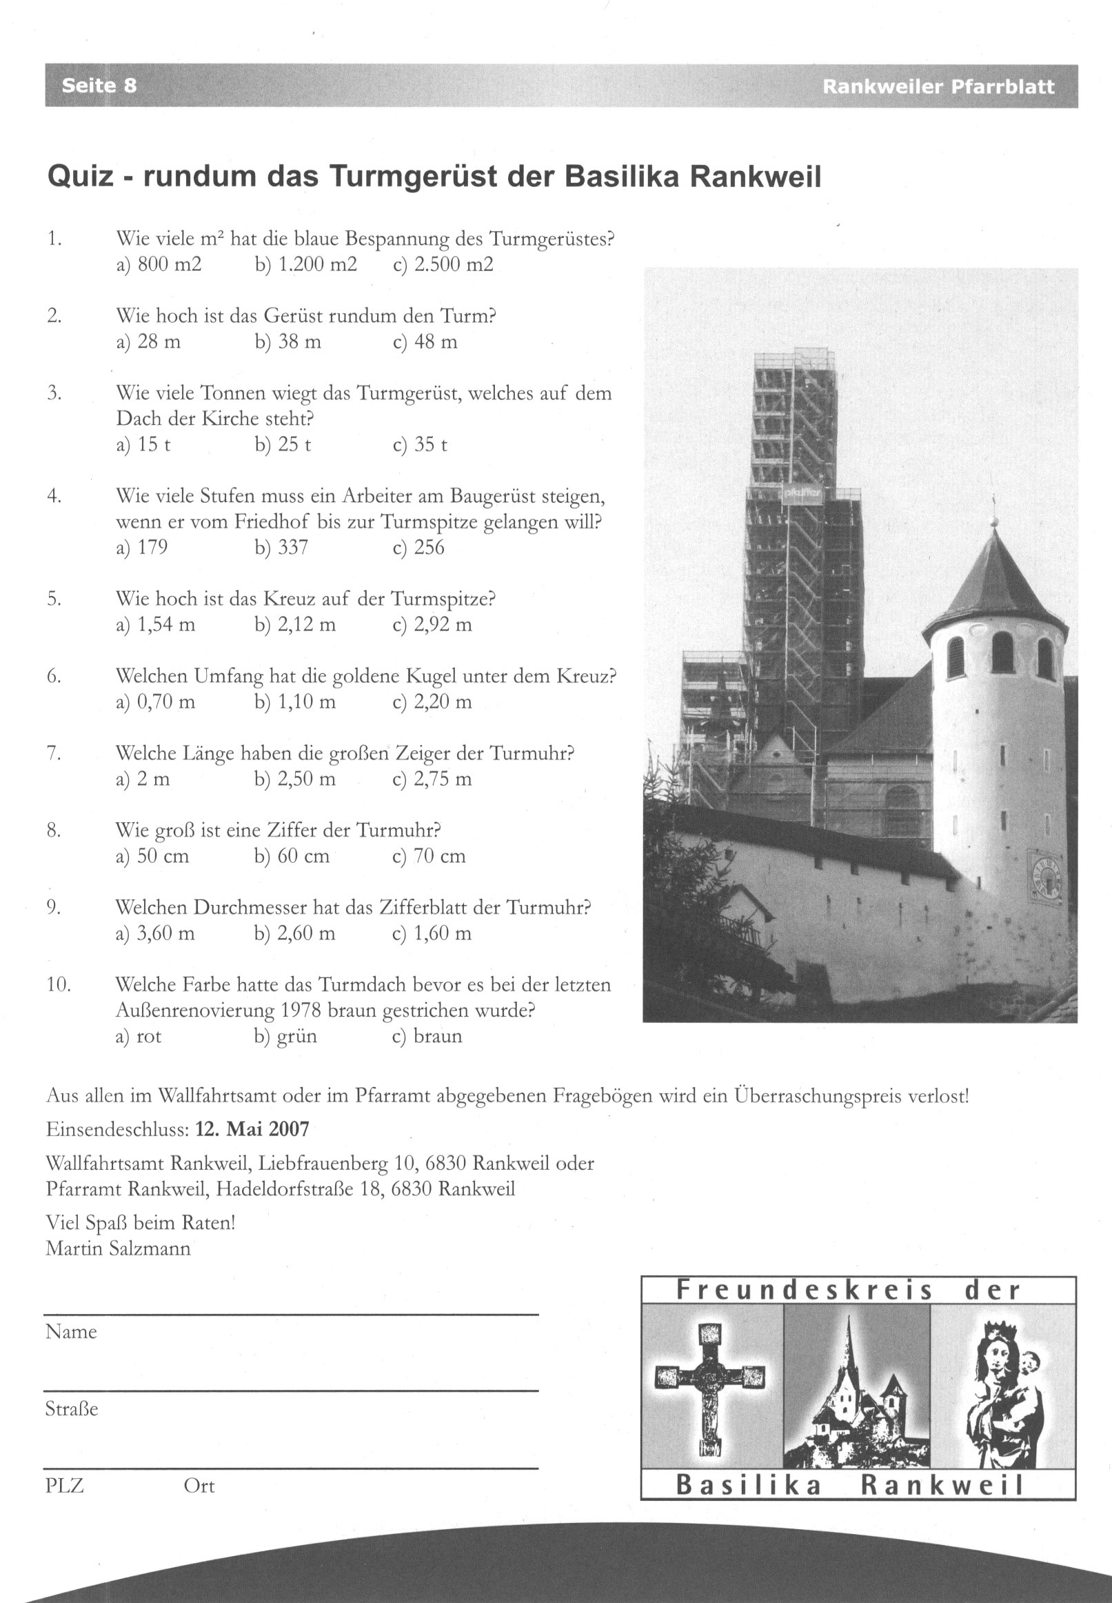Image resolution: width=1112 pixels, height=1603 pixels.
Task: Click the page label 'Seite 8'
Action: [x=99, y=86]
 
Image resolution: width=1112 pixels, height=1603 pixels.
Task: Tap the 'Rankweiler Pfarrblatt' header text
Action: [x=938, y=86]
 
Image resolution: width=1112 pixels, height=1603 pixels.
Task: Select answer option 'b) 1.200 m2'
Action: [x=305, y=265]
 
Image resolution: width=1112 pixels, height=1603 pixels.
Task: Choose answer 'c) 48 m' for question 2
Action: [x=424, y=342]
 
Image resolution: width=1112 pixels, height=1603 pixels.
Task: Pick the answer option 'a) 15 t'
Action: [x=143, y=445]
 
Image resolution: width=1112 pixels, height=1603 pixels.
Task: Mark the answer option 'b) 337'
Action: [x=281, y=548]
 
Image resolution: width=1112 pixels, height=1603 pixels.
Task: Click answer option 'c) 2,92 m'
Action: [x=432, y=625]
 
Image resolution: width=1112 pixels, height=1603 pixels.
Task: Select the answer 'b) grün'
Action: [x=285, y=1037]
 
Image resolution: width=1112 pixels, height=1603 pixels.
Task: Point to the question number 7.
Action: [x=54, y=753]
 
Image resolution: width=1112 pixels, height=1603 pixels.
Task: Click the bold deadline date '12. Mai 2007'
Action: [x=252, y=1129]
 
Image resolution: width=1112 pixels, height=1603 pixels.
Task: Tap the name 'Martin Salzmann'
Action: [x=118, y=1248]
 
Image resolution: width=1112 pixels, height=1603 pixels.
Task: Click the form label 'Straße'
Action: [x=71, y=1408]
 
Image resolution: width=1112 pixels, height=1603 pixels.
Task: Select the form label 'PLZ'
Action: [x=64, y=1486]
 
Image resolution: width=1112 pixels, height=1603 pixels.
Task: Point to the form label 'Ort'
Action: [x=199, y=1486]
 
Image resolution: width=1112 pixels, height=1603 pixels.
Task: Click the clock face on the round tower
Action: [x=1044, y=879]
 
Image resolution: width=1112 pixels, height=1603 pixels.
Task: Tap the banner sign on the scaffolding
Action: [x=802, y=493]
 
